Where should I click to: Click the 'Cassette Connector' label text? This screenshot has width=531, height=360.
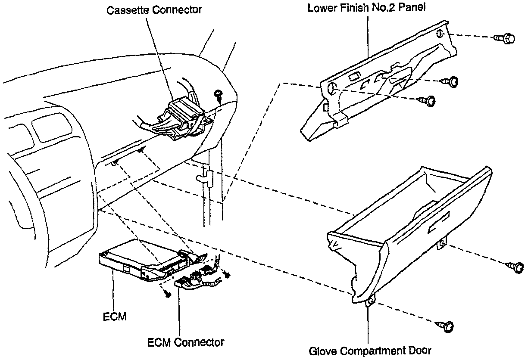[x=154, y=10]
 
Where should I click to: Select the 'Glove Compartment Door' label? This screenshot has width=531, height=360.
[x=370, y=351]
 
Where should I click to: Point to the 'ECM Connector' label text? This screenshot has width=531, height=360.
[x=185, y=342]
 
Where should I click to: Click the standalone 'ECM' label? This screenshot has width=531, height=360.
[x=115, y=317]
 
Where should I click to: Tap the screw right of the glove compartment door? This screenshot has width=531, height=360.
[x=516, y=267]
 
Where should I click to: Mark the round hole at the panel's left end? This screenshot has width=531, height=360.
[x=331, y=89]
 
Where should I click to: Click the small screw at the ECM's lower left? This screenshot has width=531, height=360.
[x=168, y=292]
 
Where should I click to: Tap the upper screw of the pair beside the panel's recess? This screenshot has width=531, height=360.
[x=451, y=81]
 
